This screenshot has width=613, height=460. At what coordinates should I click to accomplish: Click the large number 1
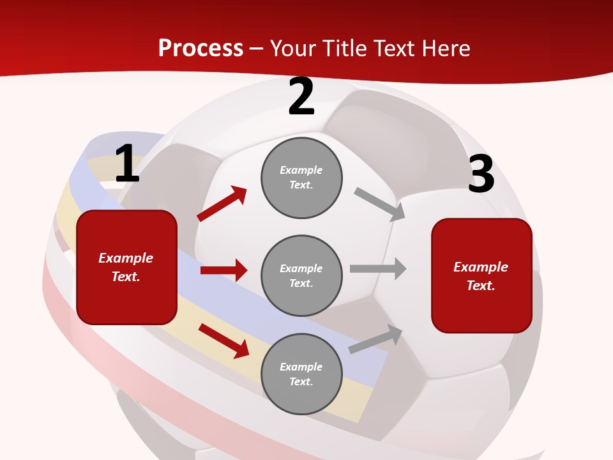(x=127, y=164)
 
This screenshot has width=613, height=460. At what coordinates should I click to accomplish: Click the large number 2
(x=301, y=97)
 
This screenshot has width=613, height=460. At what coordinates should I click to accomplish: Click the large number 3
(x=481, y=174)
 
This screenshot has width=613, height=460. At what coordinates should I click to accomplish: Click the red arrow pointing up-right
(x=222, y=204)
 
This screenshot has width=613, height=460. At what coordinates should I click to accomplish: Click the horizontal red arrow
(x=223, y=270)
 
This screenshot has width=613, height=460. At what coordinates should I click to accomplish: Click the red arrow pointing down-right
(x=223, y=341)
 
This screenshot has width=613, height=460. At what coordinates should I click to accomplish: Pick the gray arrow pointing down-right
(x=379, y=204)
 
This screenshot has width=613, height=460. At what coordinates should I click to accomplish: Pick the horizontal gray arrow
(x=377, y=268)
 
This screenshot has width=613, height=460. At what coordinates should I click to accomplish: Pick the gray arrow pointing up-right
(x=375, y=339)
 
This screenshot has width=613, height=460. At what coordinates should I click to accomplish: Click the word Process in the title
(x=201, y=48)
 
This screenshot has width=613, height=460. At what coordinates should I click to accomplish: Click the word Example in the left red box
(x=126, y=258)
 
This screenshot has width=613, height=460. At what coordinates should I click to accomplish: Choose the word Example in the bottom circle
(x=301, y=367)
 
